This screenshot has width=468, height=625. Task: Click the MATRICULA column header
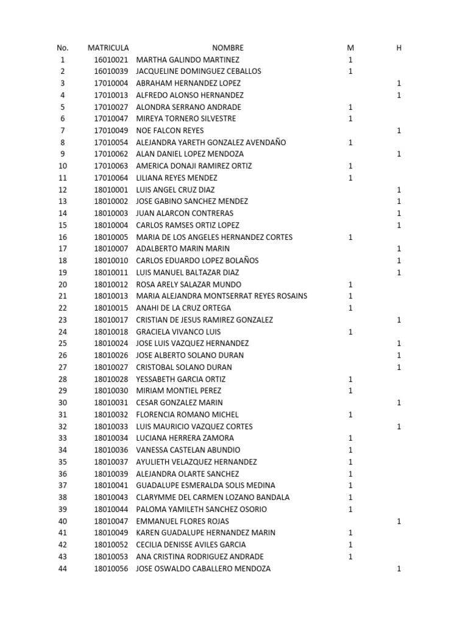tap(108, 48)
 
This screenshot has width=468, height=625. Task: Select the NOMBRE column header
tap(227, 48)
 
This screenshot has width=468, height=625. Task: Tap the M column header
tap(350, 48)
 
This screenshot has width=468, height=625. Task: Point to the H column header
tap(399, 48)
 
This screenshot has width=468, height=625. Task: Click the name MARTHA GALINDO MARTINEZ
tap(188, 60)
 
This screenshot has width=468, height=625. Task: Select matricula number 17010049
tap(111, 131)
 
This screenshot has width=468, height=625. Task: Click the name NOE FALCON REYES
tap(170, 131)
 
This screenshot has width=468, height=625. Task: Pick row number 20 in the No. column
tap(63, 284)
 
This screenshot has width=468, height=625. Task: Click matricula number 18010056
tap(111, 569)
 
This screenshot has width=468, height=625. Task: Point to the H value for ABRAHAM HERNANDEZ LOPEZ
tap(399, 83)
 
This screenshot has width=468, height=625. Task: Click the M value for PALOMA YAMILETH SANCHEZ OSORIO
tap(350, 510)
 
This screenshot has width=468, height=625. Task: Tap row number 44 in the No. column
tap(63, 569)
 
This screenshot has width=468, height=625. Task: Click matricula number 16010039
tap(111, 71)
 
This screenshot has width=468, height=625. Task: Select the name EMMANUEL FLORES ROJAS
tap(183, 521)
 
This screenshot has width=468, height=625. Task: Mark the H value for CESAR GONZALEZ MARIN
tap(399, 403)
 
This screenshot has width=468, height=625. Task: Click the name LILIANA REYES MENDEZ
tap(177, 178)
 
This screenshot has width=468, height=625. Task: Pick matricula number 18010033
tap(111, 427)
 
